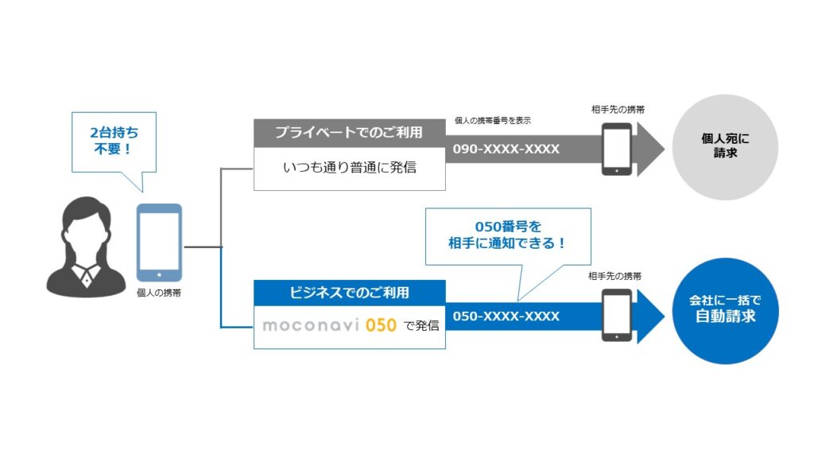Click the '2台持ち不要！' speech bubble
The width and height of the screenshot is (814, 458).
pos(110,142)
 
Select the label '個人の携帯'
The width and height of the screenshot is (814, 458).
pos(159,293)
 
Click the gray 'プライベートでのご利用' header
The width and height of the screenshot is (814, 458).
pos(349,132)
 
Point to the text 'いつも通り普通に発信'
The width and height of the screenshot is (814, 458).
pos(349,168)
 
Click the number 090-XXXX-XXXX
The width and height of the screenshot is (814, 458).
pos(506,149)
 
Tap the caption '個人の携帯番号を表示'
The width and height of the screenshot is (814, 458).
pos(492,120)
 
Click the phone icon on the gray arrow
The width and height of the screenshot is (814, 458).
pos(617,148)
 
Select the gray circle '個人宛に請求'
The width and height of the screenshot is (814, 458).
pos(724,146)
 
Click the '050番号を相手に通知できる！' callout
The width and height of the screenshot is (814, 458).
pos(508,236)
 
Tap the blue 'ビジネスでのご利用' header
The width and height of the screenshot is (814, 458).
pos(349,293)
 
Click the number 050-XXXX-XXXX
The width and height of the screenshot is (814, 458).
pos(506,316)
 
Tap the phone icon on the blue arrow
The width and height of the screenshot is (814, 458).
pos(617,315)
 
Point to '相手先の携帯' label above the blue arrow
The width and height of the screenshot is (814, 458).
pos(615,276)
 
